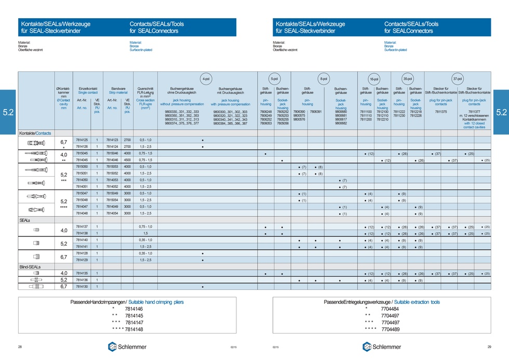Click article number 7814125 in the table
(82, 140)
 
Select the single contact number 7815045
(82, 154)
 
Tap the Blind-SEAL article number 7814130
(82, 286)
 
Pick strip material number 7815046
(112, 154)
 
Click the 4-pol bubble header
(206, 79)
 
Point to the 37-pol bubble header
(457, 79)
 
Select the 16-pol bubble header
(374, 79)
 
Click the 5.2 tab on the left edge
(8, 112)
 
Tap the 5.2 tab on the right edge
(501, 112)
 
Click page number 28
(20, 347)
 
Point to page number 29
(489, 347)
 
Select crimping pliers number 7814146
(133, 309)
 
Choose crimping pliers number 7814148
(133, 329)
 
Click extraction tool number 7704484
(390, 309)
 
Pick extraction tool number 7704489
(390, 329)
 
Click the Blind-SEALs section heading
(30, 266)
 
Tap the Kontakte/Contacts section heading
(35, 134)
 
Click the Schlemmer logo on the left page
(127, 347)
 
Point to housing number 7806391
(315, 112)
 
